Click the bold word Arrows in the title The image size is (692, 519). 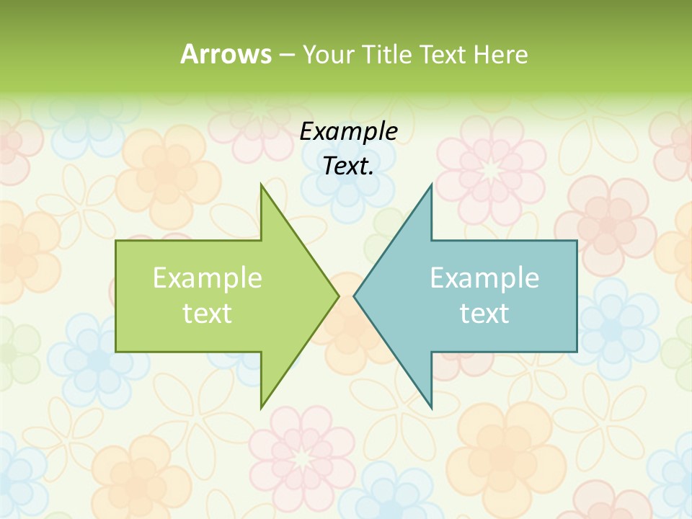click(225, 54)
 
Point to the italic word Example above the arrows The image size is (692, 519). click(348, 131)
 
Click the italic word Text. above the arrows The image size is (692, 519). click(348, 166)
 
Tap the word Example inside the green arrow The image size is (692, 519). click(208, 278)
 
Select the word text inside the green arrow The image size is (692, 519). click(208, 313)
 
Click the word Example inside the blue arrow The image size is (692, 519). click(484, 278)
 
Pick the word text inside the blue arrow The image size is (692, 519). click(484, 313)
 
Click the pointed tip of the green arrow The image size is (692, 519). click(338, 295)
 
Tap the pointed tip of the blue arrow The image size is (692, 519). click(354, 295)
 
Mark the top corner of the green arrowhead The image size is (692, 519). click(262, 185)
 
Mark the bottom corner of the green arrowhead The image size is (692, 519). click(262, 407)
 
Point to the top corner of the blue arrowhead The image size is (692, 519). click(431, 185)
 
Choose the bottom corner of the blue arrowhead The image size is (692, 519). click(431, 407)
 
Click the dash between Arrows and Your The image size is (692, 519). click(286, 55)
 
